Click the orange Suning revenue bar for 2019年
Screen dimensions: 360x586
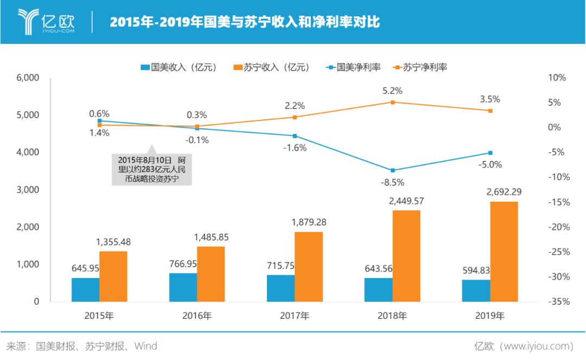(x=504, y=252)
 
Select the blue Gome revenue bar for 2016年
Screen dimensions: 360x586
(x=183, y=287)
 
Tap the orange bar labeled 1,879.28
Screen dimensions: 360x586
(x=308, y=267)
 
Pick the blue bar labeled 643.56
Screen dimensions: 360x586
(x=378, y=290)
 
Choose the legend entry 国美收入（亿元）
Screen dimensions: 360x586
(x=179, y=67)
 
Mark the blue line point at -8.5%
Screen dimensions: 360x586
(x=392, y=170)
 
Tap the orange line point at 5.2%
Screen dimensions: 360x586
(x=392, y=102)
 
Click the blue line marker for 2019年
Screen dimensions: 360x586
(x=490, y=153)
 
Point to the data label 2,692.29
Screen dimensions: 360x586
(x=504, y=191)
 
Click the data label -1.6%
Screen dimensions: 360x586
(x=295, y=147)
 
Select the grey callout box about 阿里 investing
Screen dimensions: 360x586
(x=152, y=170)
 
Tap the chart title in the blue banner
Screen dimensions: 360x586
(x=245, y=22)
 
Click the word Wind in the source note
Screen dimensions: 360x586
(x=145, y=346)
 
